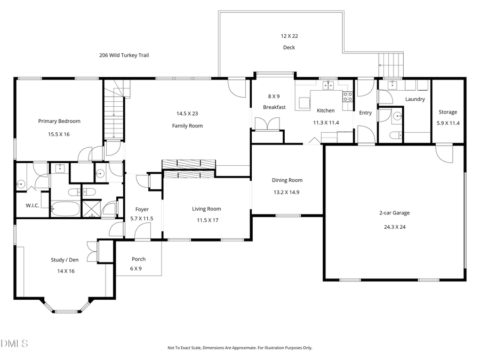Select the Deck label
click(289, 47)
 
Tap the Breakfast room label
click(274, 107)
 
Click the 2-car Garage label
click(394, 213)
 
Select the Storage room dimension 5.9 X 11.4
click(447, 124)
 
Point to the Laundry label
click(414, 99)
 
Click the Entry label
click(365, 113)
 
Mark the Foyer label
click(142, 210)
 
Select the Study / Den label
click(65, 260)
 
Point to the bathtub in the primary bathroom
click(65, 209)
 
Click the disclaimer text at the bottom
click(239, 348)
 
